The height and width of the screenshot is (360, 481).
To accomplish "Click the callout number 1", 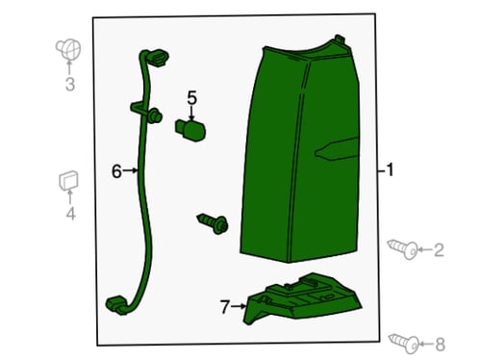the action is tap(390, 169).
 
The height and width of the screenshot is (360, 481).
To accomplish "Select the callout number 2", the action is tap(439, 250).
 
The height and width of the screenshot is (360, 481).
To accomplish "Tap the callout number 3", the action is tap(70, 84).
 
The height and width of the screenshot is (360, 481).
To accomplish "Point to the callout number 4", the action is tap(70, 214).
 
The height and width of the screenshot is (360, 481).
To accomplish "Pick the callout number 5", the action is tap(191, 98).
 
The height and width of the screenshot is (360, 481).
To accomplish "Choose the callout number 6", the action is tap(116, 171).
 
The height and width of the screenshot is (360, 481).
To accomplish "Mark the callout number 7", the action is tap(225, 307).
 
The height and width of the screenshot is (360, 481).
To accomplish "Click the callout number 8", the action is tap(440, 345).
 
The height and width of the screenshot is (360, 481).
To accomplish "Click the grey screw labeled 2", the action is tap(403, 249).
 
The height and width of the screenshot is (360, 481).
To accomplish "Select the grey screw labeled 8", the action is tap(404, 344).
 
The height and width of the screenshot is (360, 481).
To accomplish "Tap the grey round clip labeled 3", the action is tap(68, 50).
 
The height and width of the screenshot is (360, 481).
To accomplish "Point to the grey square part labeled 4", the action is tap(68, 181).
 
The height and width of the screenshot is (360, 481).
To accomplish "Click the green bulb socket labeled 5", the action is tap(190, 129).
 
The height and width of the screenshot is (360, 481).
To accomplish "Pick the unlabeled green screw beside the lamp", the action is tap(213, 222).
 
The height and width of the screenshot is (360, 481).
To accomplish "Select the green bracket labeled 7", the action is tap(303, 298).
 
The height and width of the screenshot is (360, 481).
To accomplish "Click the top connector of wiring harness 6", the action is tap(156, 58).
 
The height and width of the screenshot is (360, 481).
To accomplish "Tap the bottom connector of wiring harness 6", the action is tap(116, 305).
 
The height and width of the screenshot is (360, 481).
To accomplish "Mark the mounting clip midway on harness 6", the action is tap(147, 112).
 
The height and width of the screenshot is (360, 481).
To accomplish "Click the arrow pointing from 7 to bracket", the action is tap(239, 307).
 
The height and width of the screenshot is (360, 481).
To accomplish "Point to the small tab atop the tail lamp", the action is tap(340, 39).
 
